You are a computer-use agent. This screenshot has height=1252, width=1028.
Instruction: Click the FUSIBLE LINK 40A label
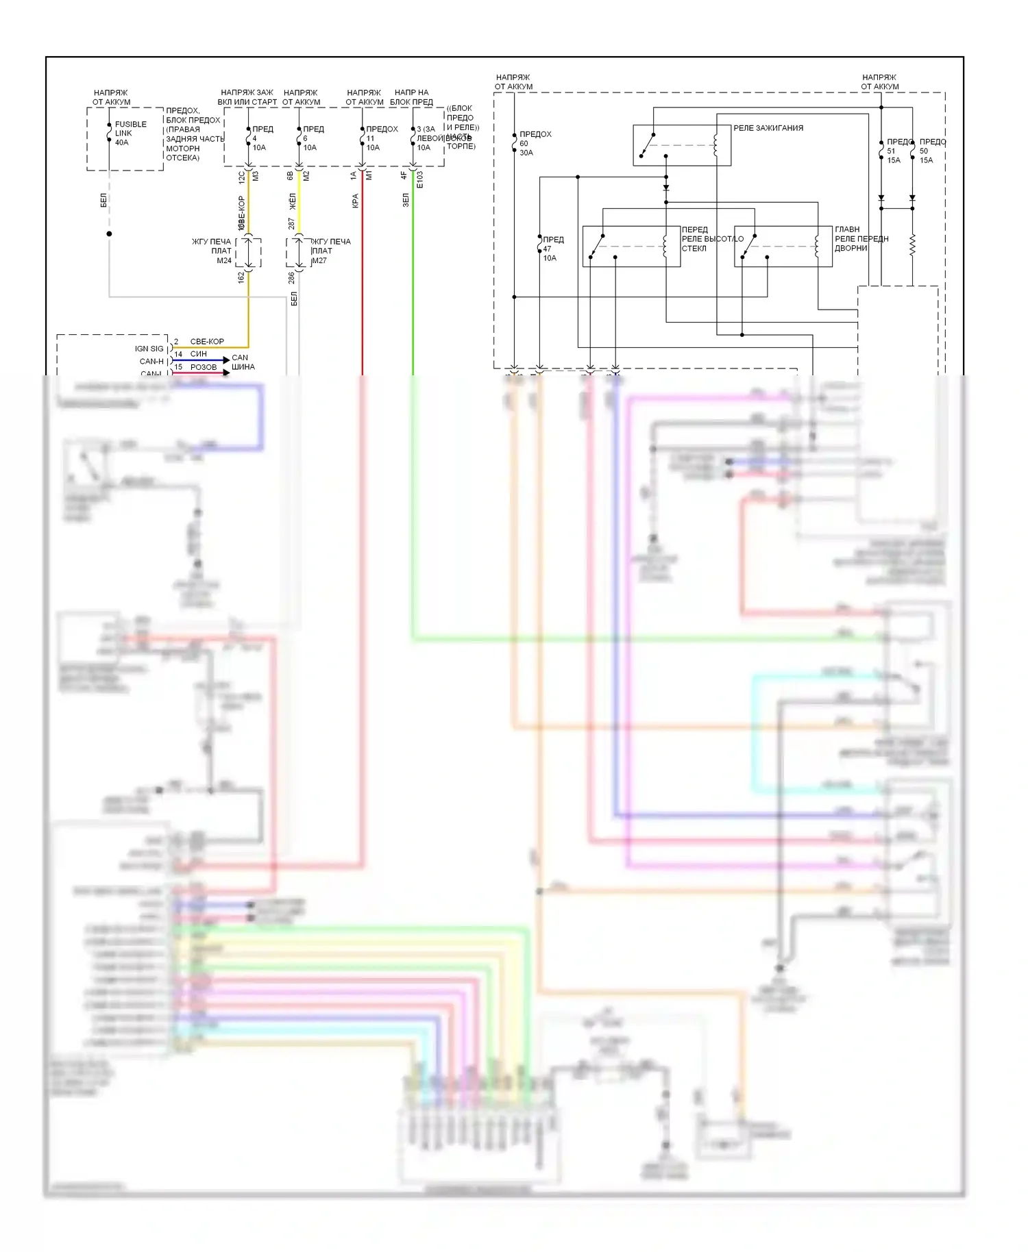coord(130,134)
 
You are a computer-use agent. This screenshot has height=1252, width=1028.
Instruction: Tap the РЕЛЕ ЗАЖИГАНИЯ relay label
coord(768,128)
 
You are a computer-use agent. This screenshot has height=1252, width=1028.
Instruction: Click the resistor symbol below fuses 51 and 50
coord(912,245)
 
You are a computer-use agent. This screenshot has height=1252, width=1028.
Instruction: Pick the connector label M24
coord(224,261)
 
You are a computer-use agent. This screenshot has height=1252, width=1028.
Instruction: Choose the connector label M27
coord(319,261)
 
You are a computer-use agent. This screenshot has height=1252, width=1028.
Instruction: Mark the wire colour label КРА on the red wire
coord(355,201)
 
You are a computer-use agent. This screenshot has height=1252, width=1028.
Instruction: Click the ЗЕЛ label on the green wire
coord(406,200)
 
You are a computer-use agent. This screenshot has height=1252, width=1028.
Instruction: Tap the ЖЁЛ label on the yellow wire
coord(293,202)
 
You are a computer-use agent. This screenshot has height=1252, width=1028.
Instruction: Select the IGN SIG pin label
coord(149,349)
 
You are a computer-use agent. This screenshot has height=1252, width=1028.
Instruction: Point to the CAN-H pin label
coord(151,362)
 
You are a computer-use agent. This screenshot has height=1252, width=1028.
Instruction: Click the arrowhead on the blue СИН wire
coord(226,360)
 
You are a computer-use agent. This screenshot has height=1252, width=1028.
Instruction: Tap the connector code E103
coord(420,179)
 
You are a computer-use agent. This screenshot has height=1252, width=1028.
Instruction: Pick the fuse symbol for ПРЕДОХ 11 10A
coord(362,138)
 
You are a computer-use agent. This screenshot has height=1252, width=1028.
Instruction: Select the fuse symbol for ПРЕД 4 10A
coord(248,138)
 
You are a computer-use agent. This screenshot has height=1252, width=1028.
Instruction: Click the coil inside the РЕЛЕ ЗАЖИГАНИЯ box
coord(715,145)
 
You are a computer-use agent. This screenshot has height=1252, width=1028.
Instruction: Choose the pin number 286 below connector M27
coord(291,277)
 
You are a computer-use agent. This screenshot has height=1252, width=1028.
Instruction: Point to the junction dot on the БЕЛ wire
coord(109,234)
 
